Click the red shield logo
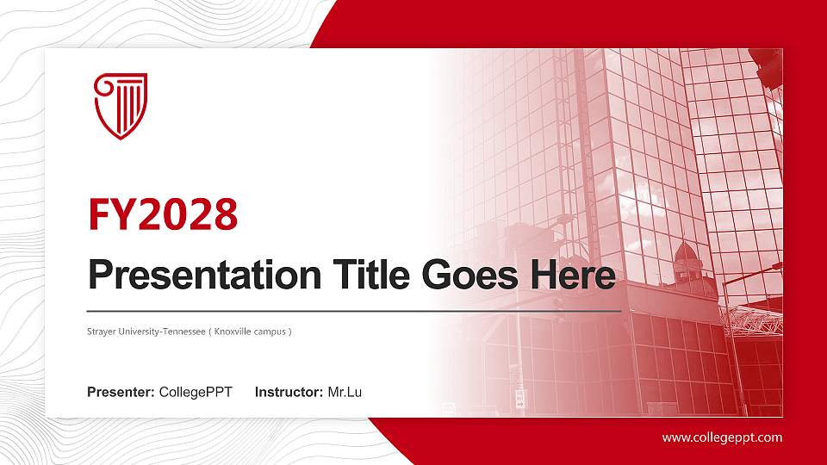pos(121,106)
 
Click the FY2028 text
pos(163,214)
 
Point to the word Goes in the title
pos(466,276)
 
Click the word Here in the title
pos(574,276)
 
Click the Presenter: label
pos(121,393)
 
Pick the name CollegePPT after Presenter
pos(196,393)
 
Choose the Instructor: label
pos(289,393)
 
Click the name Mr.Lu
pos(345,393)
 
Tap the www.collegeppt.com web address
pos(722,437)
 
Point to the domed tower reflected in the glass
pos(686,258)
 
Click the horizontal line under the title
pos(353,310)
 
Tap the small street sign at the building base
pos(519,398)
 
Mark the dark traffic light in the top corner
pos(766,65)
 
